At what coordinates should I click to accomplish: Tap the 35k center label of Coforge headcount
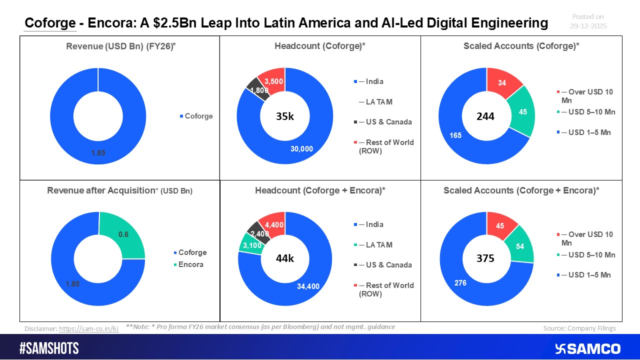pyautogui.click(x=285, y=117)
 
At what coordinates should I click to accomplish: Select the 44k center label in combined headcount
pyautogui.click(x=285, y=259)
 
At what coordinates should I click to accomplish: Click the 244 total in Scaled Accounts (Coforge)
pyautogui.click(x=485, y=116)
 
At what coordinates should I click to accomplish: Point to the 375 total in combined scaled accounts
pyautogui.click(x=485, y=258)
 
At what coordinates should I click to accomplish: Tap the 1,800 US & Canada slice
pyautogui.click(x=258, y=90)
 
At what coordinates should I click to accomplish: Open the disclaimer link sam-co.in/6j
pyautogui.click(x=88, y=329)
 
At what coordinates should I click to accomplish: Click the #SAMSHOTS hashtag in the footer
pyautogui.click(x=49, y=348)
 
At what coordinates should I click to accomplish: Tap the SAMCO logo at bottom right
pyautogui.click(x=587, y=348)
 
